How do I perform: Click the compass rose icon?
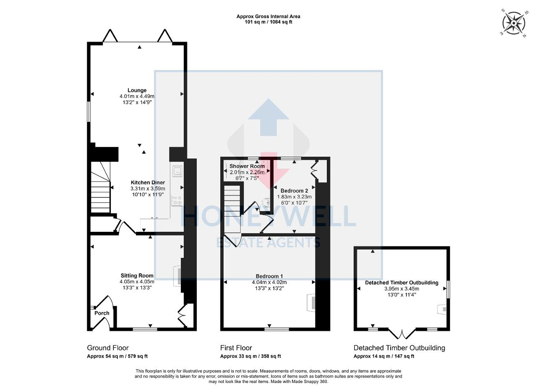[x=514, y=23]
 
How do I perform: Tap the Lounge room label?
[x=137, y=90]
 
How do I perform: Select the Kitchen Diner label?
[x=148, y=182]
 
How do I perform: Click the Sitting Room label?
[x=137, y=276]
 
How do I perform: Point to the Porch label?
[x=102, y=313]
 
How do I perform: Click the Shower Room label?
[x=247, y=166]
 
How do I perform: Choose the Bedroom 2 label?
[x=294, y=191]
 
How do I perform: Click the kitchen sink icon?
[x=177, y=171]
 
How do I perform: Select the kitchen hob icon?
[x=177, y=201]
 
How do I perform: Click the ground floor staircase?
[x=100, y=187]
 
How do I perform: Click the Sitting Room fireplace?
[x=177, y=276]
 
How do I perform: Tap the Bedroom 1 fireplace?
[x=311, y=303]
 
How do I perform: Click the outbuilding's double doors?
[x=402, y=334]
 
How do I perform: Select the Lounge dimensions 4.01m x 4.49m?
[x=137, y=96]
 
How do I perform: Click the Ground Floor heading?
[x=108, y=348]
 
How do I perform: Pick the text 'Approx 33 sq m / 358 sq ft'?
[x=250, y=356]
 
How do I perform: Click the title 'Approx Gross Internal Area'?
[x=268, y=16]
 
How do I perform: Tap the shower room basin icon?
[x=266, y=202]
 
